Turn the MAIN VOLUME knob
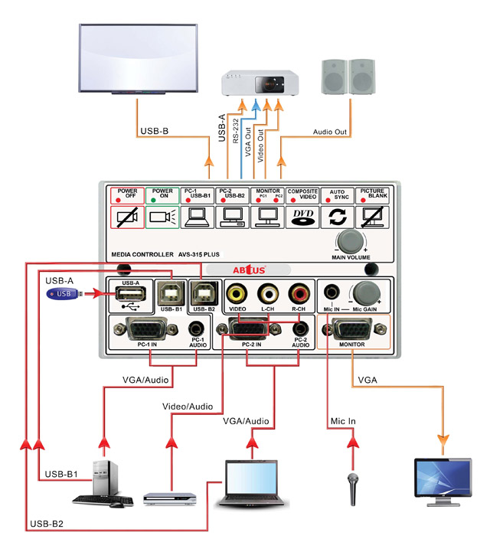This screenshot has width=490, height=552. [x=349, y=241]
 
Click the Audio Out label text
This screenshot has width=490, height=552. [x=330, y=132]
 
